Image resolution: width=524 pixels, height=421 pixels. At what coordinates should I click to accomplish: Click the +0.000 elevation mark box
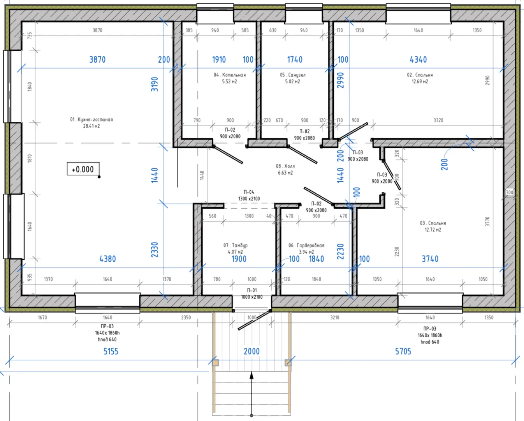[83, 169]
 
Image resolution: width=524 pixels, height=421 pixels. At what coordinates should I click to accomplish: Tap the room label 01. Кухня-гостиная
[91, 119]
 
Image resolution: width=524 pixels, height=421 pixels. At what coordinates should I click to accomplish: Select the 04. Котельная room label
[230, 75]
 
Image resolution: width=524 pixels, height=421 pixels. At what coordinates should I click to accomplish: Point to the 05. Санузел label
[293, 75]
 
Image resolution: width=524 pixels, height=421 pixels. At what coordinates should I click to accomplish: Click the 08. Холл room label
[285, 166]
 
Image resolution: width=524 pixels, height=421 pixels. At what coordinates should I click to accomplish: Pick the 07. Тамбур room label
[236, 245]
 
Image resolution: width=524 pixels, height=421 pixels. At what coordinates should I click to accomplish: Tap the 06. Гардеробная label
[306, 245]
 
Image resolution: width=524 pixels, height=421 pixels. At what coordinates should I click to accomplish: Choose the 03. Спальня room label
[433, 223]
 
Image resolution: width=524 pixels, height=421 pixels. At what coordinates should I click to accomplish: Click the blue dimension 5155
[111, 351]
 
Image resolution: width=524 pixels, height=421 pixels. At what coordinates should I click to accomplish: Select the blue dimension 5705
[403, 351]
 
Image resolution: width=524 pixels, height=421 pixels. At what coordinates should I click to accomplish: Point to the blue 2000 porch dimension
[251, 351]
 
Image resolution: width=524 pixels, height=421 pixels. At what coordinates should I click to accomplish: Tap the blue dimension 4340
[418, 60]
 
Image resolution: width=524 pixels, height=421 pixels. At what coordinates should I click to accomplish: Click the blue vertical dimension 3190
[155, 84]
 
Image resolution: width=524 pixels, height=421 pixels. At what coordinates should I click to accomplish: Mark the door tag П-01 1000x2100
[252, 294]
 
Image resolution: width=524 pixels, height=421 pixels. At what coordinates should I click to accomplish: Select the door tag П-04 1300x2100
[249, 195]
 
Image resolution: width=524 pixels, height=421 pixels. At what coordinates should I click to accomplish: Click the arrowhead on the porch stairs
[251, 375]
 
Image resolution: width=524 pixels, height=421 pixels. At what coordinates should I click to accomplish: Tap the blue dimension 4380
[107, 259]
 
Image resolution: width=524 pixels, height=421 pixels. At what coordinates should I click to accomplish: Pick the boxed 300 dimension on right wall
[509, 192]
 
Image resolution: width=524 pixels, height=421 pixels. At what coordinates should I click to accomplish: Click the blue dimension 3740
[430, 259]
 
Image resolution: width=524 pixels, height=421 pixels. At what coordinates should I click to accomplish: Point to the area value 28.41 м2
[91, 126]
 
